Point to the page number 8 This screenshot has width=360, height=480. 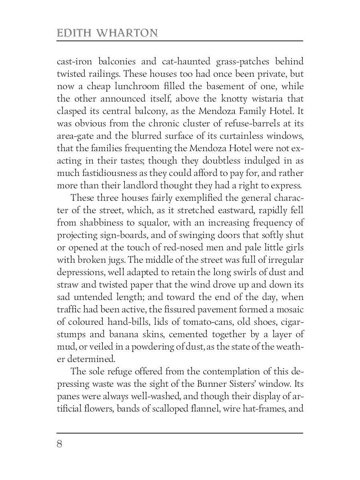click(x=60, y=444)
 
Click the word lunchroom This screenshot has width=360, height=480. click(x=132, y=86)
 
